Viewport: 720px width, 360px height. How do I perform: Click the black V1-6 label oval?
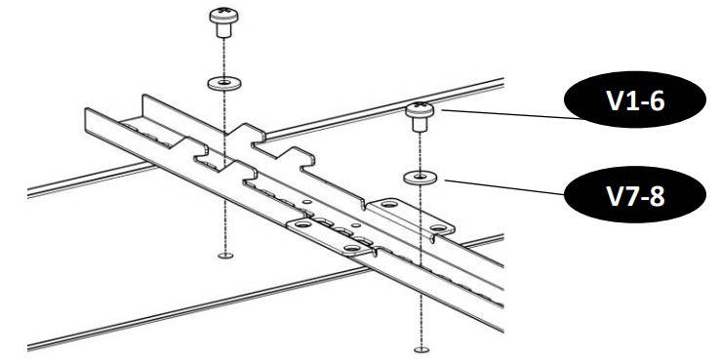pos(634,100)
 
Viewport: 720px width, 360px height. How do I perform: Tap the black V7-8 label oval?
pos(634,195)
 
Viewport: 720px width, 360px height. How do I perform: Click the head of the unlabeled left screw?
pos(223,16)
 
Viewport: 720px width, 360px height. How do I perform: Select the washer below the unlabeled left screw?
pos(224,84)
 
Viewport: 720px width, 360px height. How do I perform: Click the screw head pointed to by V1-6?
pos(420,109)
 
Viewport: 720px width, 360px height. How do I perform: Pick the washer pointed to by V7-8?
pos(420,178)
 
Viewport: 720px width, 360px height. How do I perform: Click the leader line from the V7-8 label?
pos(504,187)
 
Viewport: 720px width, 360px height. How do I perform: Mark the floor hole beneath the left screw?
pos(225,256)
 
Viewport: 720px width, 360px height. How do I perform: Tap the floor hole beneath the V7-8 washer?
pos(421,350)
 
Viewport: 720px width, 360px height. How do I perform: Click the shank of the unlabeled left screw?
pos(223,30)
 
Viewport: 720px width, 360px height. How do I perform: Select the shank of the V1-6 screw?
pos(419,125)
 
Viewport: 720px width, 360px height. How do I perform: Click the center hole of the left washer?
pos(224,83)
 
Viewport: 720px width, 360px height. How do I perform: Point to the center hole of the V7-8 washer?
pos(420,177)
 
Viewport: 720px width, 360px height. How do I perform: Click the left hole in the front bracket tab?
pos(302,224)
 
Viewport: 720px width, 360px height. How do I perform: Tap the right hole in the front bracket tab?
pos(352,248)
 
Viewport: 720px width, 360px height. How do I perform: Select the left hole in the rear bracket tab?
pos(389,204)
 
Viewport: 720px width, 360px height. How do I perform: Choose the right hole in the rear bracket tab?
pos(438,227)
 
